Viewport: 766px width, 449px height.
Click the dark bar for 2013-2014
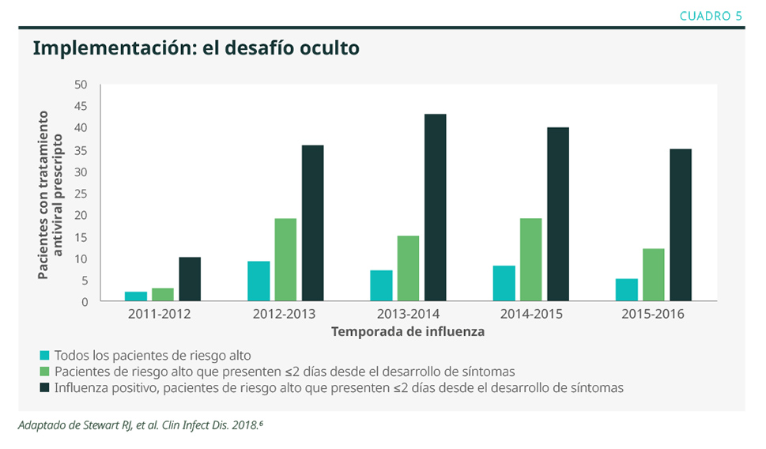point(435,207)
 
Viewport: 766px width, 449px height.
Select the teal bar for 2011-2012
point(136,296)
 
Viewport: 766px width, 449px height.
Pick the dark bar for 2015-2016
point(681,224)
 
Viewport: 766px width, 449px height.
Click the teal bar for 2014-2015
point(504,283)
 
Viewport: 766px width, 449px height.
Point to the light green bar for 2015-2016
point(653,274)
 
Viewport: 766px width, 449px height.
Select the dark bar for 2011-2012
point(190,279)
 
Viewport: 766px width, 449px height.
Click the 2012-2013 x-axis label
point(285,314)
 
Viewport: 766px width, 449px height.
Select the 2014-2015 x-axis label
point(530,314)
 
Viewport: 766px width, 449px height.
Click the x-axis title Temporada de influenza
point(408,332)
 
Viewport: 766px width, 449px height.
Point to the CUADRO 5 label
point(711,15)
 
